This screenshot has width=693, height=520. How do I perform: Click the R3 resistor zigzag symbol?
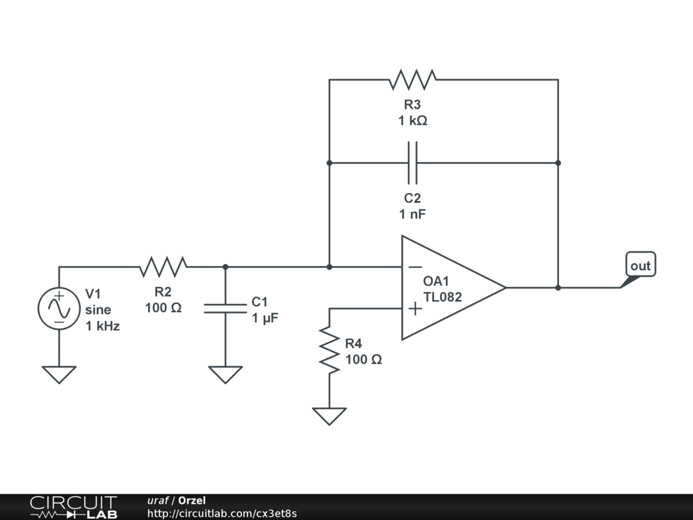[x=413, y=80]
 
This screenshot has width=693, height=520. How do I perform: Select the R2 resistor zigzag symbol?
[x=163, y=267]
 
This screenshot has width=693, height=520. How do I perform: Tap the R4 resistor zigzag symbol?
[x=330, y=349]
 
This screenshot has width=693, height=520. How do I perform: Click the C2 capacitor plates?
[x=413, y=163]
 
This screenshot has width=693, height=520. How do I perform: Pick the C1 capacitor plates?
[x=225, y=309]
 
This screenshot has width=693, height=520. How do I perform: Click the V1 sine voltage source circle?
[x=59, y=309]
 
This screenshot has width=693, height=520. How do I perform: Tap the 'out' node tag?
[x=640, y=266]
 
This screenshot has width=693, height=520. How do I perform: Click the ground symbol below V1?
[x=59, y=374]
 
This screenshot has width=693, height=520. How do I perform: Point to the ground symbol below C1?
[x=225, y=374]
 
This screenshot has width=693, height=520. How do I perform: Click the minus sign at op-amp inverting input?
[x=416, y=267]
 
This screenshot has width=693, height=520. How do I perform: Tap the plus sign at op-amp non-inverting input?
[x=416, y=309]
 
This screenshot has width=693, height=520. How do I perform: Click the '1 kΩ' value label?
[x=413, y=121]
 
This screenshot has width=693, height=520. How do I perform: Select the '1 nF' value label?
[x=413, y=214]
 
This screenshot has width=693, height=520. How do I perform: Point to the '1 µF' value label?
[x=265, y=318]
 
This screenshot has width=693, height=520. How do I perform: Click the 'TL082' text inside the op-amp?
[x=443, y=297]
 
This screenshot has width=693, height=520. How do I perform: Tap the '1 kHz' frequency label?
[x=102, y=326]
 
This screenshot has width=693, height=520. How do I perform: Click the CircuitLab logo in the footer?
[x=73, y=507]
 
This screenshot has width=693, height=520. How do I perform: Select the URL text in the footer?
[x=222, y=513]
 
